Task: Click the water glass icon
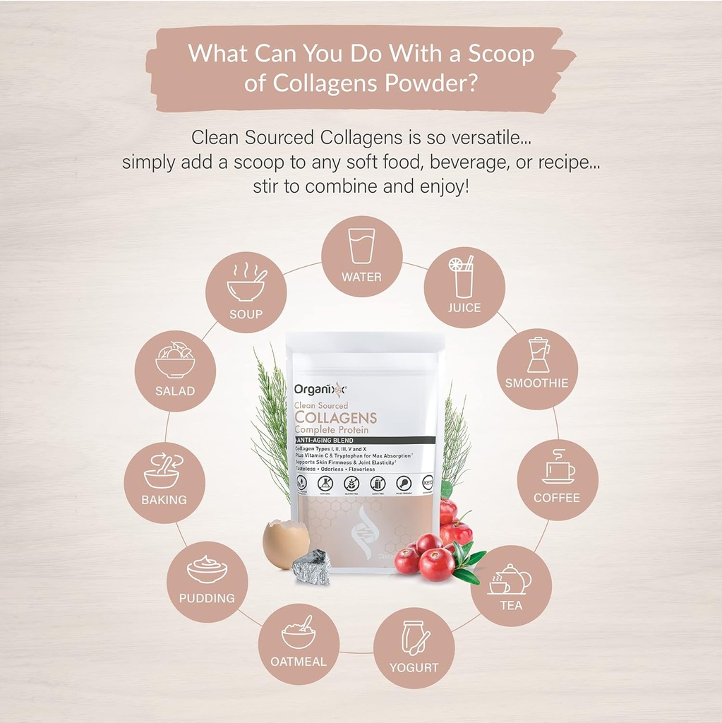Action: pyautogui.click(x=361, y=246)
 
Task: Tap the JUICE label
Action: pyautogui.click(x=464, y=308)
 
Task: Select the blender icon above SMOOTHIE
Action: pyautogui.click(x=538, y=354)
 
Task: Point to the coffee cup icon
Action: pyautogui.click(x=558, y=468)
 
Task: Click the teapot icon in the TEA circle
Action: pyautogui.click(x=511, y=579)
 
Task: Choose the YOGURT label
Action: pyautogui.click(x=414, y=667)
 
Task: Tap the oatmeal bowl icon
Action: pyautogui.click(x=299, y=633)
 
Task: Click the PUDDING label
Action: pyautogui.click(x=207, y=598)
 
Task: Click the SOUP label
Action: pyautogui.click(x=246, y=314)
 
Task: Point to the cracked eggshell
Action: pyautogui.click(x=285, y=544)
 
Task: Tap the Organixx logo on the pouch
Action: pyautogui.click(x=320, y=388)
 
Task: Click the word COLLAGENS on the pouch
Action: pyautogui.click(x=335, y=417)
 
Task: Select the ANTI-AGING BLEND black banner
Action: pyautogui.click(x=364, y=440)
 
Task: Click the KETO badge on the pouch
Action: pyautogui.click(x=428, y=483)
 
